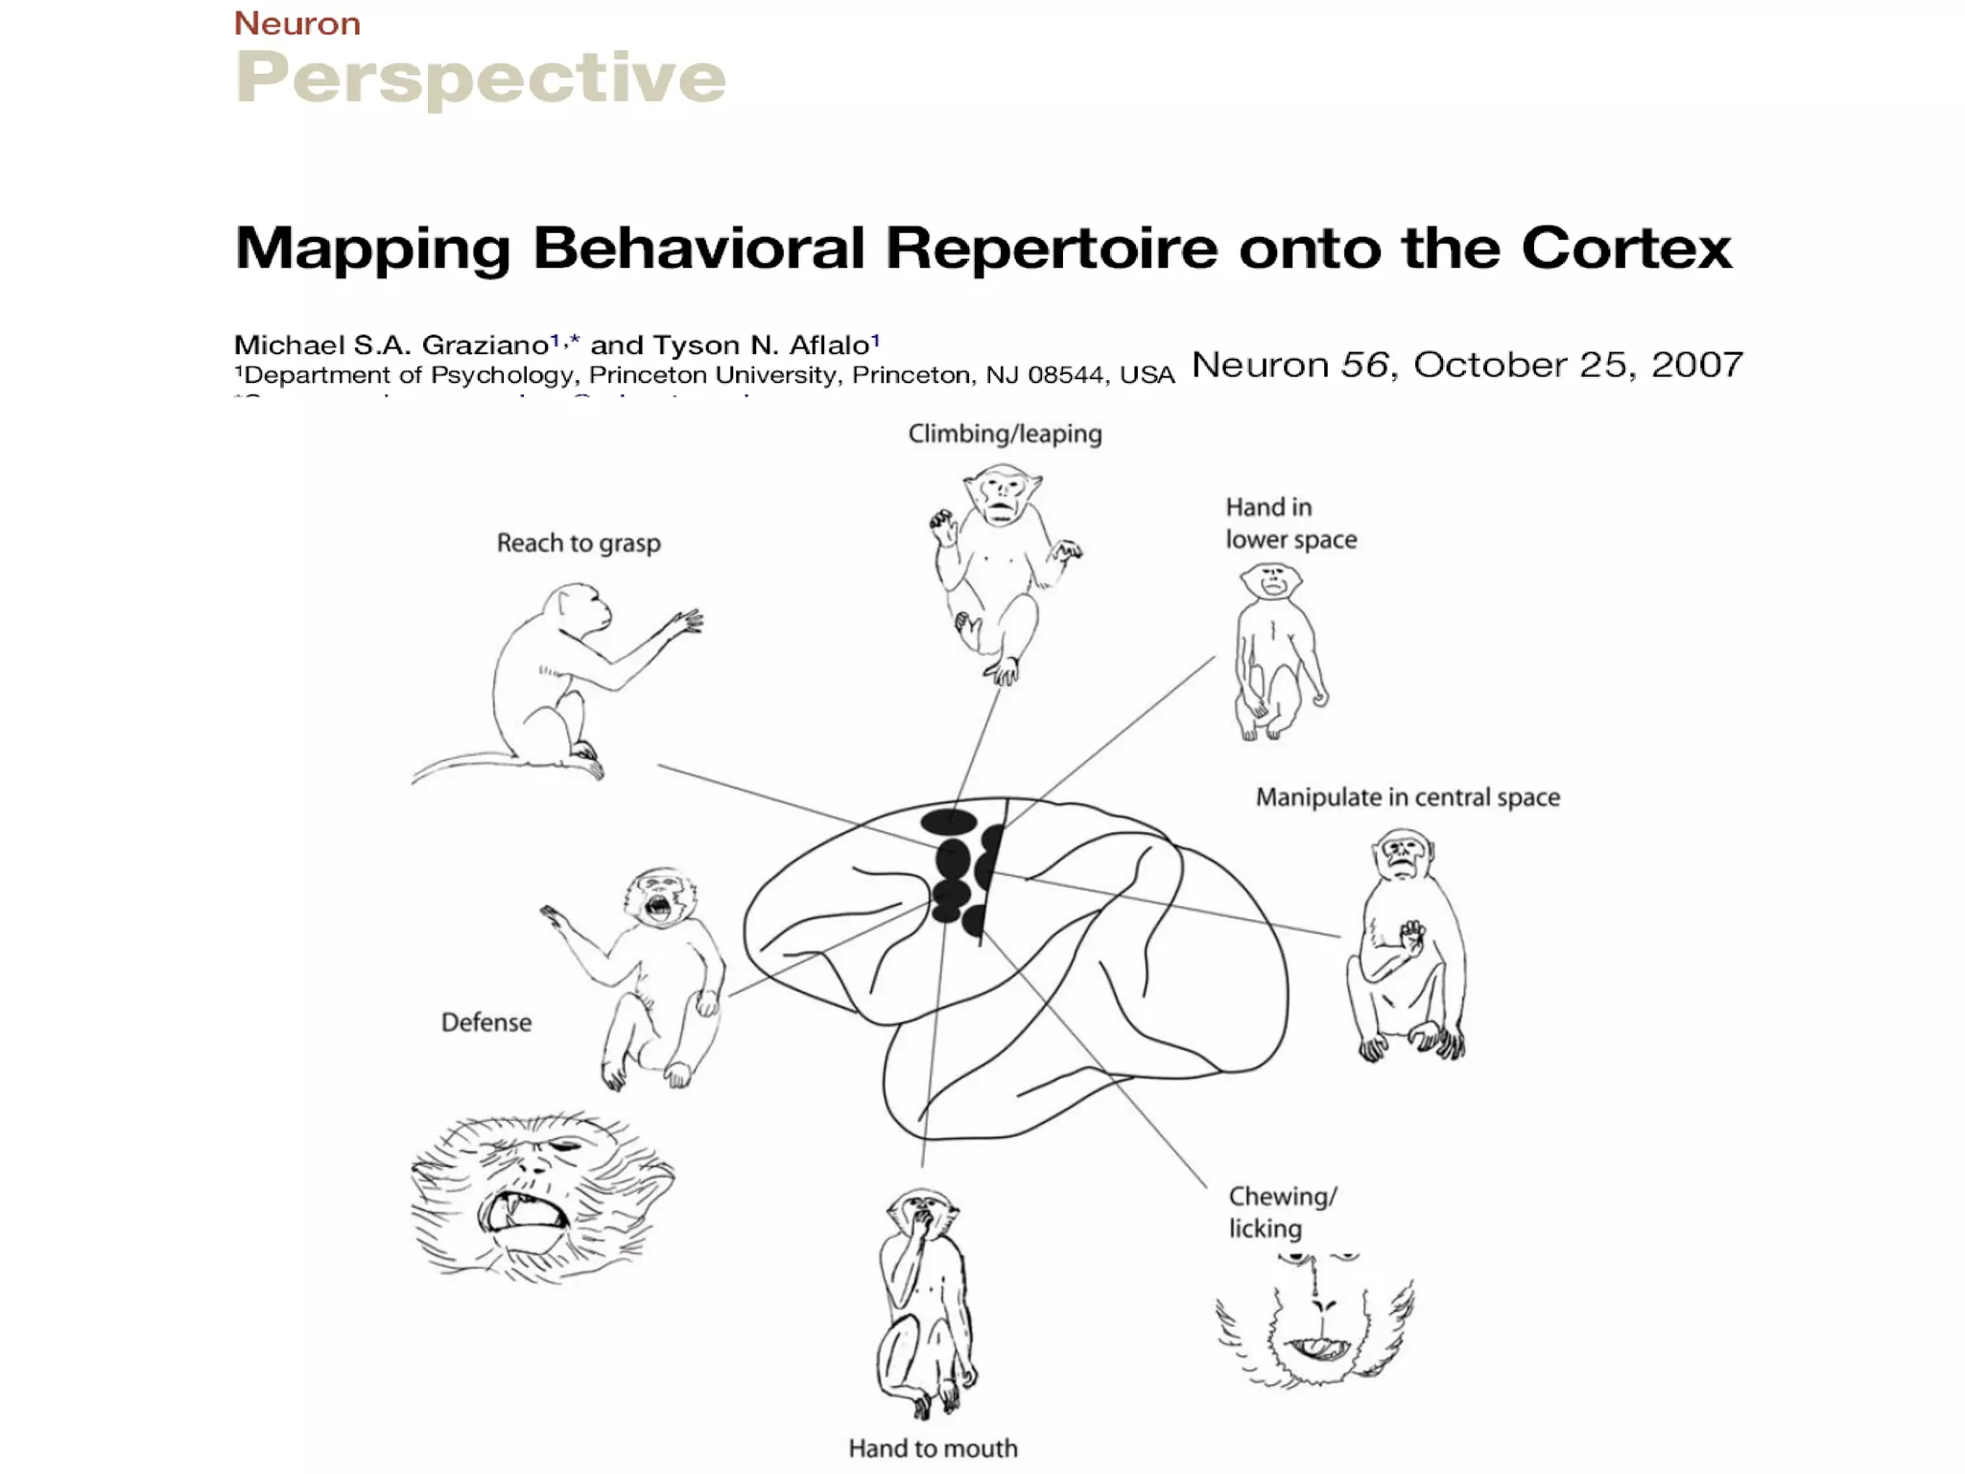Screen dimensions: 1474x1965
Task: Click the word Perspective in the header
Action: coord(480,79)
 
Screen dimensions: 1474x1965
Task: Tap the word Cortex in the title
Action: coord(1625,248)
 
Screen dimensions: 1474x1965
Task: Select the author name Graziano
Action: coord(485,345)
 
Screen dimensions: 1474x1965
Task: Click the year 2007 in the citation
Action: coord(1696,365)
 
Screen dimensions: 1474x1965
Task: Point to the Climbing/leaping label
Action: coord(1005,434)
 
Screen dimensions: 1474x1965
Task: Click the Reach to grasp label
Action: coord(579,543)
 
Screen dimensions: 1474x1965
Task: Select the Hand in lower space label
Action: coord(1290,523)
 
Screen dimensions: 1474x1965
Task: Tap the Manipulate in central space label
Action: coord(1408,797)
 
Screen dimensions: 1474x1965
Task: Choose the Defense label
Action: coord(485,1022)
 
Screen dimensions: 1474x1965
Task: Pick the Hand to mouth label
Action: coord(933,1448)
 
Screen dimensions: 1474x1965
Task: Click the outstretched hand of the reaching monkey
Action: coord(685,622)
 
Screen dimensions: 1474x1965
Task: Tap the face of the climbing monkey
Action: coord(1002,494)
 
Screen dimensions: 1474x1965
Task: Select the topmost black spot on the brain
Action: coord(949,820)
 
